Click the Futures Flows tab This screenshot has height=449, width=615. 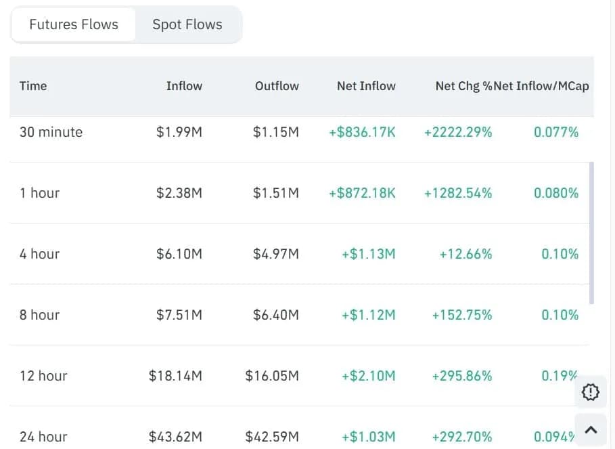(74, 25)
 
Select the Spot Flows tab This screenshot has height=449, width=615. (187, 25)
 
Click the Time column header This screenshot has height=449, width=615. (33, 86)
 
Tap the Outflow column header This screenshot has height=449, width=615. (277, 86)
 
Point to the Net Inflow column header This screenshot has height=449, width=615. (366, 86)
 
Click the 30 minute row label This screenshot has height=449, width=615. (51, 132)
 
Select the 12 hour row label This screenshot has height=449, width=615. (43, 376)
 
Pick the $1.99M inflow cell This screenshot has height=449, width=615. (179, 132)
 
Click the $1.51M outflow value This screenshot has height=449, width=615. (275, 193)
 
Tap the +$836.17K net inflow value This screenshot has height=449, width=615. (362, 132)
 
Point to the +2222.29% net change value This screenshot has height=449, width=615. (458, 132)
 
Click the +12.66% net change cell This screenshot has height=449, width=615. (465, 254)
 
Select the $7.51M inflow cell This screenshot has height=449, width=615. (179, 315)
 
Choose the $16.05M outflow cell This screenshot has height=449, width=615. (272, 376)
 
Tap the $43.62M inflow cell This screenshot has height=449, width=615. (175, 437)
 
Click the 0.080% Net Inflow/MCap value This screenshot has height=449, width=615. (556, 193)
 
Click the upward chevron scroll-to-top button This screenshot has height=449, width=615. (591, 429)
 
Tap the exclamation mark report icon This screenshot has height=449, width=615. (591, 391)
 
